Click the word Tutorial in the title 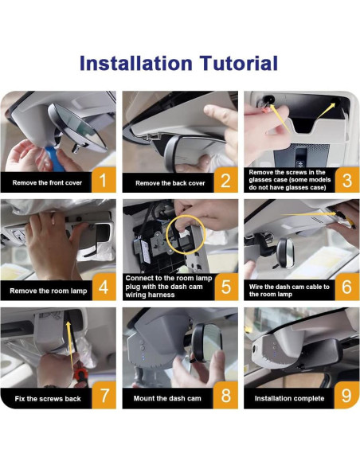coord(238,63)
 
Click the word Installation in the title coord(136,63)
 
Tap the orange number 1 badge coord(104,180)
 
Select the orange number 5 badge coord(225,287)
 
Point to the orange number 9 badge coord(346,395)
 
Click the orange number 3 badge coord(347,180)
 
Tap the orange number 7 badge coord(104,395)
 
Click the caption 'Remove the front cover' coord(47,182)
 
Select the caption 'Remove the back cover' coord(170,183)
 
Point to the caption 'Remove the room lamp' coord(49,291)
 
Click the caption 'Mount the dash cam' coord(167,399)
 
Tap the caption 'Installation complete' coord(289,399)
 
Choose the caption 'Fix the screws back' coord(48,399)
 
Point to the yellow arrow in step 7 coord(70,345)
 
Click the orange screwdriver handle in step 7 coord(80,374)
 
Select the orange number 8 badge coord(225,395)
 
